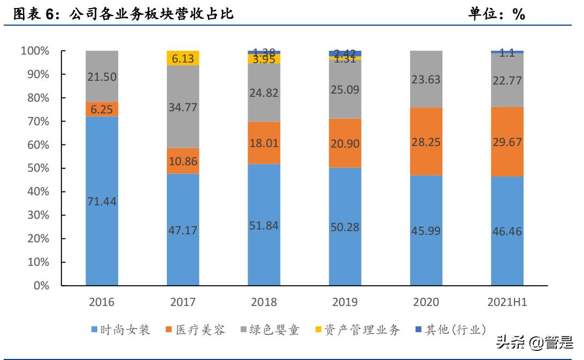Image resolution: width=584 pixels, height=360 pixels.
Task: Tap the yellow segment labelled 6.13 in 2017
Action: pos(183,58)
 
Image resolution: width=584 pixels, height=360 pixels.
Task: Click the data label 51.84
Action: pos(264,225)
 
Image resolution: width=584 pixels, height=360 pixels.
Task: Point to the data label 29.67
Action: pos(507,142)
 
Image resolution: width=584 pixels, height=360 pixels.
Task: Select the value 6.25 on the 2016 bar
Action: pos(102,109)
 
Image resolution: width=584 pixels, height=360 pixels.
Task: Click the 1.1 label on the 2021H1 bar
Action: pos(507,53)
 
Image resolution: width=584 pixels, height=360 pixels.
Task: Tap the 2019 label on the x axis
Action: pos(345,302)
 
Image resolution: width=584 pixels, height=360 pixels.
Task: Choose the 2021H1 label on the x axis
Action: pos(507,302)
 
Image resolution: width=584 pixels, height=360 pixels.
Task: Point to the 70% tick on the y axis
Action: pos(35,121)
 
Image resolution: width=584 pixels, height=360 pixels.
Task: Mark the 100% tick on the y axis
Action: pos(34,51)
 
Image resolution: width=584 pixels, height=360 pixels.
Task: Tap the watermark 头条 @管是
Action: pos(534,342)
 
